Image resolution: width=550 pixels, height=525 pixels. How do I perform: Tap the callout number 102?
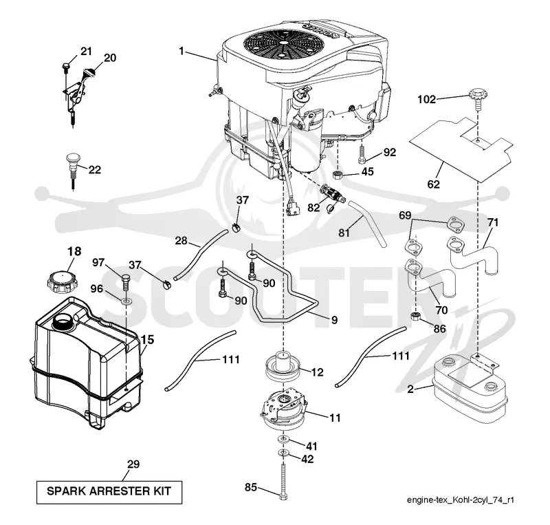coord(426,99)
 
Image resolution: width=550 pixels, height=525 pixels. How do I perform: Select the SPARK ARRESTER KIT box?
coord(109,493)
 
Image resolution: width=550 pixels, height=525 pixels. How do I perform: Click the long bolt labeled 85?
coord(283,481)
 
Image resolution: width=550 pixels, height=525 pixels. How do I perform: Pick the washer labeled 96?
coord(126,301)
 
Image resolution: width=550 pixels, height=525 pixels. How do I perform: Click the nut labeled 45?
coord(338,174)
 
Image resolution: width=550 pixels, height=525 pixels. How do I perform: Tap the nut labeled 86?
coord(416,316)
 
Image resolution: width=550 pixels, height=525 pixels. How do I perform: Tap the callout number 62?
coord(434,184)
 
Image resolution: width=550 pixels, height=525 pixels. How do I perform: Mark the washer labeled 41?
coord(283,439)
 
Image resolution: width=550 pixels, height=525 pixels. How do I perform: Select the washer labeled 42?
coord(283,453)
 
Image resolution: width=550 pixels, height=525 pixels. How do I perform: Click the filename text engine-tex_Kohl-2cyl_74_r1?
coord(460,500)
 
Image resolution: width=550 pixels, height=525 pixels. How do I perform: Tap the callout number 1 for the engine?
coord(181,52)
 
